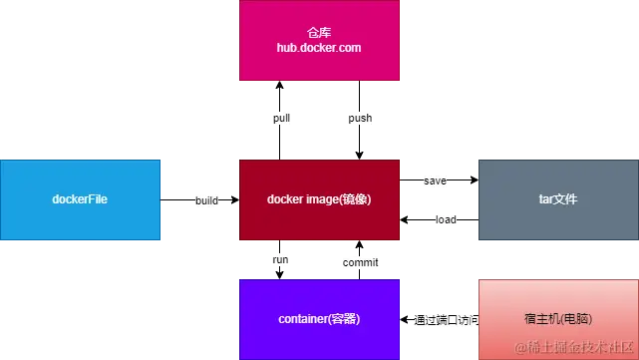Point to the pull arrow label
coord(282,119)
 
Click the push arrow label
coord(360,119)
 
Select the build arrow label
coord(207,200)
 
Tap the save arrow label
coord(435,181)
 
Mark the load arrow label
coord(446,218)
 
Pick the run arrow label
coord(280,260)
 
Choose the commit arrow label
coord(361,262)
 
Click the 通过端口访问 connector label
coord(446,320)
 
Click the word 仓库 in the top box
coord(319,32)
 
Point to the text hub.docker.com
coord(319,46)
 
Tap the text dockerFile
coord(80,199)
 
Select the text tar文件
coord(558,199)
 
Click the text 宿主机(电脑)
coord(558,320)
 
